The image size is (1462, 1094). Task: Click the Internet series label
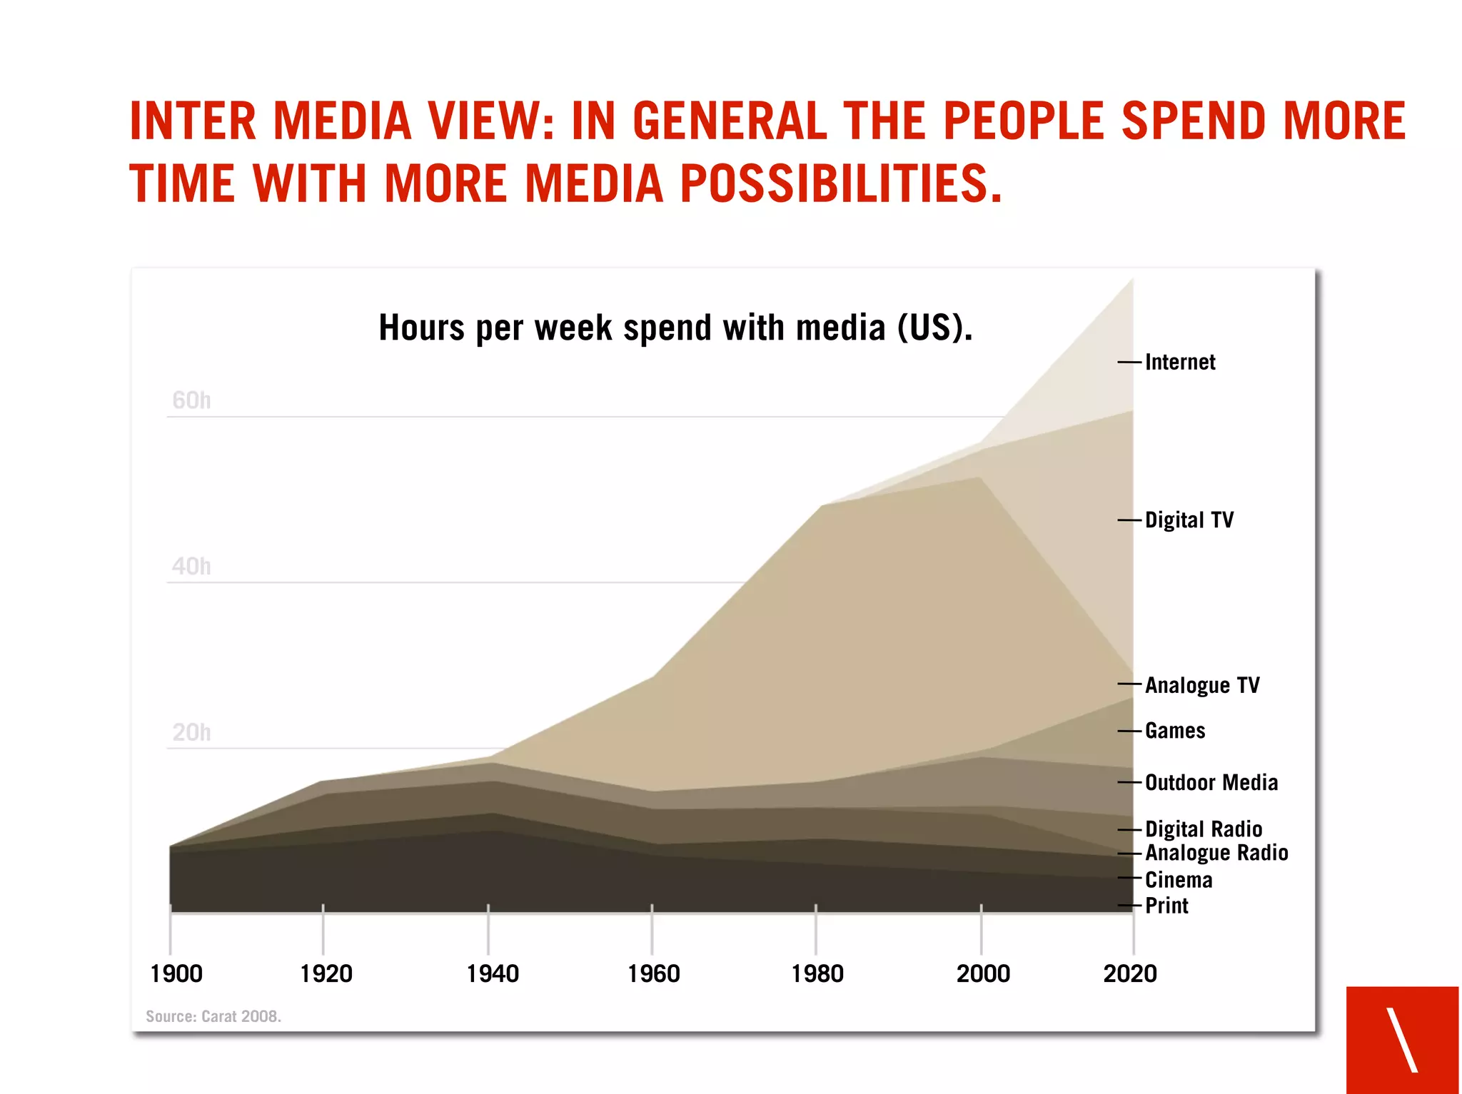[x=1179, y=363]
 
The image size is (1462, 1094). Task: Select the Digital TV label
[x=1189, y=520]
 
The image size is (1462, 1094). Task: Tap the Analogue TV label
[x=1201, y=686]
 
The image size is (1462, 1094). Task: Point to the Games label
[x=1174, y=731]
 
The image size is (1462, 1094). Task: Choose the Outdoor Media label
[x=1211, y=783]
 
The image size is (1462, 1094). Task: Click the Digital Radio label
[x=1203, y=829]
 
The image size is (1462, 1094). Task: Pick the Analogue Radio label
[x=1216, y=854]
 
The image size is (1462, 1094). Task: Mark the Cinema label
[x=1178, y=881]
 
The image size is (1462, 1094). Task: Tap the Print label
[x=1166, y=906]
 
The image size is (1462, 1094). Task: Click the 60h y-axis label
[x=191, y=400]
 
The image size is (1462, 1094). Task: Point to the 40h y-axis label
[x=191, y=567]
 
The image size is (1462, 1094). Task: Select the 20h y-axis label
[x=191, y=733]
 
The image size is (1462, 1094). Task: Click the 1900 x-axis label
[x=176, y=974]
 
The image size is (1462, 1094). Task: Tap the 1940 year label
[x=492, y=974]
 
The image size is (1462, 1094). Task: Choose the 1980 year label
[x=817, y=974]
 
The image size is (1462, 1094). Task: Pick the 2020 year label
[x=1129, y=974]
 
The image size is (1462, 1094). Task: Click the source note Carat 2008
[x=213, y=1016]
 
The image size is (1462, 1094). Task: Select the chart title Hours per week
[x=675, y=328]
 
